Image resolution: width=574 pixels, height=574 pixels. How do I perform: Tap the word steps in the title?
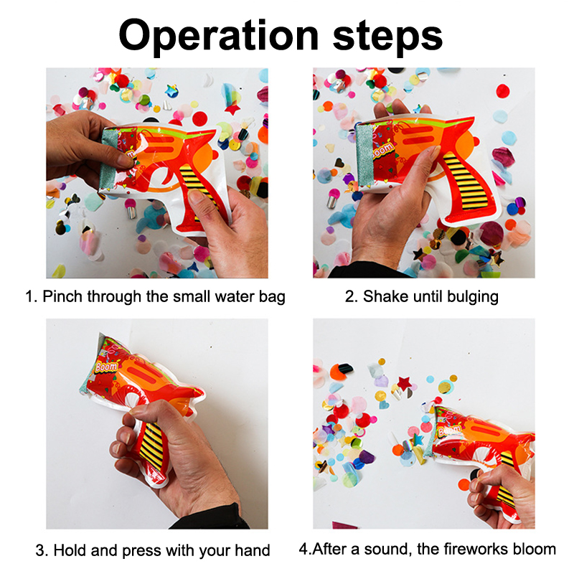click(x=387, y=37)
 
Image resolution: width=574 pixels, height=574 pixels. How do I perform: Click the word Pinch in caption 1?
click(x=63, y=296)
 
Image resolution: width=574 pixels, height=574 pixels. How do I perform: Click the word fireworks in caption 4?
click(x=473, y=549)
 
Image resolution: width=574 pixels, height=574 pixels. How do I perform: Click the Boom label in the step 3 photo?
click(x=107, y=367)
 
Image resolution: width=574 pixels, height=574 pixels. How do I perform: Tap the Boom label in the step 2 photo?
click(x=382, y=151)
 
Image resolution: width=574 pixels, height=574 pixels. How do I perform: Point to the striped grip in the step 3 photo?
click(x=151, y=446)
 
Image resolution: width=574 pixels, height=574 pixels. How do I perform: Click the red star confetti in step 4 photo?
click(x=404, y=383)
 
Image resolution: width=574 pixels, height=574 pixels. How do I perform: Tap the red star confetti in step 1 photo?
click(x=232, y=108)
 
